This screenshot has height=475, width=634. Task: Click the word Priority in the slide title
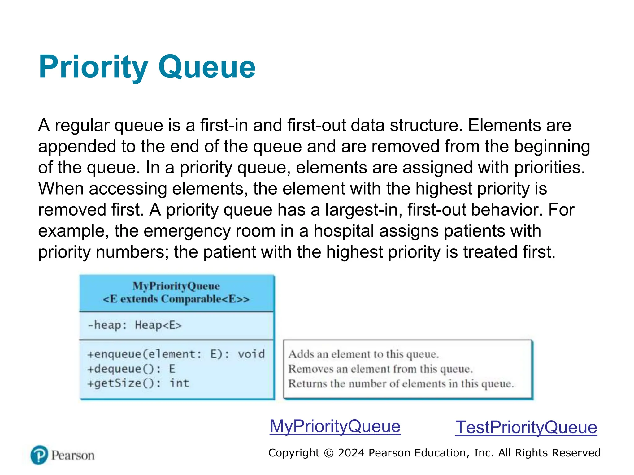click(93, 67)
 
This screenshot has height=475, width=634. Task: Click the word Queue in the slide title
click(207, 67)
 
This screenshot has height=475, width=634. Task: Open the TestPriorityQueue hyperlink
click(526, 427)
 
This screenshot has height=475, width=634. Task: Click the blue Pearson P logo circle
click(39, 455)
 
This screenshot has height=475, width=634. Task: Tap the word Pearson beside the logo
click(73, 456)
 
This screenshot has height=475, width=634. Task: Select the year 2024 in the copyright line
click(351, 453)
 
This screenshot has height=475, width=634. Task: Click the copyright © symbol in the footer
click(328, 453)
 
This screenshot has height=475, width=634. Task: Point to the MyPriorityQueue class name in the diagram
click(176, 286)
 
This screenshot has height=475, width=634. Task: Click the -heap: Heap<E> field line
click(135, 325)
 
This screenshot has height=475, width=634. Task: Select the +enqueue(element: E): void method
click(176, 354)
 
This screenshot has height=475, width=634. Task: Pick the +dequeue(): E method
click(131, 369)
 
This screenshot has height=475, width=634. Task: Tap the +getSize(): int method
click(138, 383)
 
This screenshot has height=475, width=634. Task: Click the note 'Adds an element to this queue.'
click(363, 354)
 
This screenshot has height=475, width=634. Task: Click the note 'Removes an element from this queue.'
click(380, 369)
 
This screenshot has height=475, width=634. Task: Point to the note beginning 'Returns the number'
click(401, 383)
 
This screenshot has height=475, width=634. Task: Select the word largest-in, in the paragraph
click(363, 210)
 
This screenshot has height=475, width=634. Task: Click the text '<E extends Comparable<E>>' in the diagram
click(176, 299)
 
